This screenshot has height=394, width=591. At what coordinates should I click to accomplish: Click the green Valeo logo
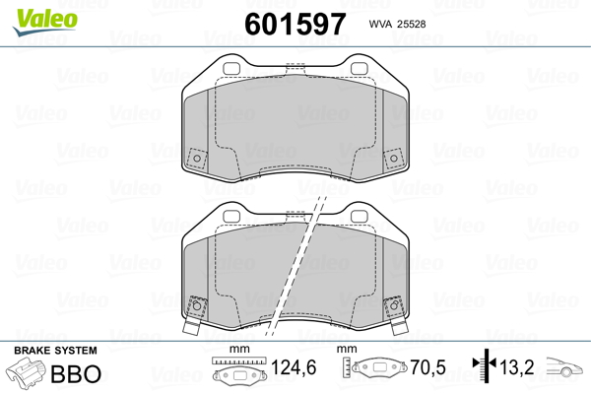click(45, 22)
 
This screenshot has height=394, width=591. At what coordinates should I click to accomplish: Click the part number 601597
click(295, 24)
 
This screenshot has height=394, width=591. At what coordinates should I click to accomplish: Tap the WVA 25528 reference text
click(397, 24)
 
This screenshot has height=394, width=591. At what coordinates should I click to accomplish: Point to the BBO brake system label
click(76, 373)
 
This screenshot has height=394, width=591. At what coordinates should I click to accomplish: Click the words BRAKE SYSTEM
click(55, 351)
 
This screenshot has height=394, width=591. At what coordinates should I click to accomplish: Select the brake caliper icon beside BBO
click(26, 372)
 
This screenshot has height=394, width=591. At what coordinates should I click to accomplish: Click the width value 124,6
click(294, 367)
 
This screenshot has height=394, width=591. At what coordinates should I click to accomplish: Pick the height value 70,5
click(427, 367)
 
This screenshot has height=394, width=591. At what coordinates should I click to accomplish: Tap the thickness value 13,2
click(517, 367)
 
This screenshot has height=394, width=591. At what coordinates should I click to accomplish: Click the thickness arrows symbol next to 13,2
click(485, 364)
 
